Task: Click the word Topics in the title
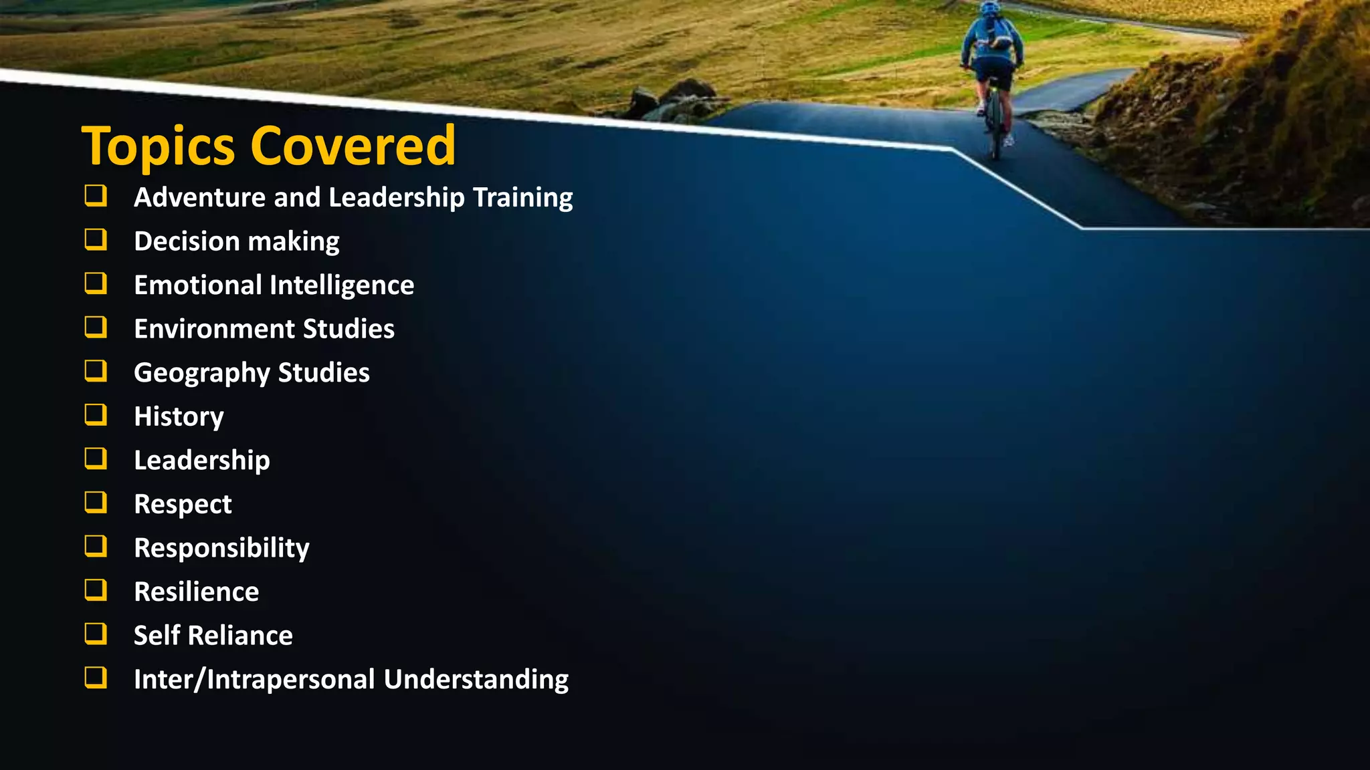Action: pyautogui.click(x=158, y=146)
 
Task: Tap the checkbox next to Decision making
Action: pyautogui.click(x=96, y=239)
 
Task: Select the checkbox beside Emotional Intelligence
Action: pyautogui.click(x=96, y=283)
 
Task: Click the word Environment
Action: pyautogui.click(x=214, y=329)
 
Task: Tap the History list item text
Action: pyautogui.click(x=179, y=417)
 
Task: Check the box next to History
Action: pyautogui.click(x=96, y=414)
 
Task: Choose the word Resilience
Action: pyautogui.click(x=196, y=592)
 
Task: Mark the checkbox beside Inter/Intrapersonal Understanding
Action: pyautogui.click(x=96, y=678)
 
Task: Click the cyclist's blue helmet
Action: pyautogui.click(x=990, y=9)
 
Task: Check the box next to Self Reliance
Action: pyautogui.click(x=96, y=634)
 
